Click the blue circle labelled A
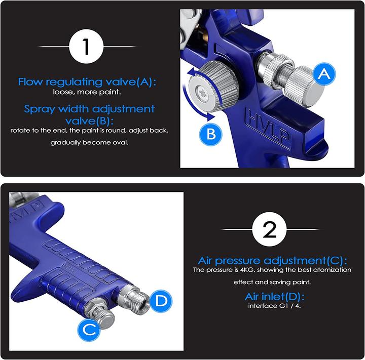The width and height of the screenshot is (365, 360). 324,74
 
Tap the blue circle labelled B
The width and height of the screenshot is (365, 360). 211,134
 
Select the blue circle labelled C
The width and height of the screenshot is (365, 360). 89,329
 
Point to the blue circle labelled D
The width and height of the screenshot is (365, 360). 161,300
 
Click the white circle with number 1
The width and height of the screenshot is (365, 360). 86,47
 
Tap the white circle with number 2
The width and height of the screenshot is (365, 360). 270,229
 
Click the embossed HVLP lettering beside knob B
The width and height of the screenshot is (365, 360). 268,128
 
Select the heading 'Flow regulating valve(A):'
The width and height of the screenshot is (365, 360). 87,82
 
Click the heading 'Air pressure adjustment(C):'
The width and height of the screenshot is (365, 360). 272,260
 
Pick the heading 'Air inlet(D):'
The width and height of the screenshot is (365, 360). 274,297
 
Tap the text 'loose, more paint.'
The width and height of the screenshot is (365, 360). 87,92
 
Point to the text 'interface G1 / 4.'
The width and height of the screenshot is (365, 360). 274,306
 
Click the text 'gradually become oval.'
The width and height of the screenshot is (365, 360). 89,143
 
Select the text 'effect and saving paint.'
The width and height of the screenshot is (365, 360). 272,283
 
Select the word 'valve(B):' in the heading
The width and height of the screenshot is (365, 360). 89,121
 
